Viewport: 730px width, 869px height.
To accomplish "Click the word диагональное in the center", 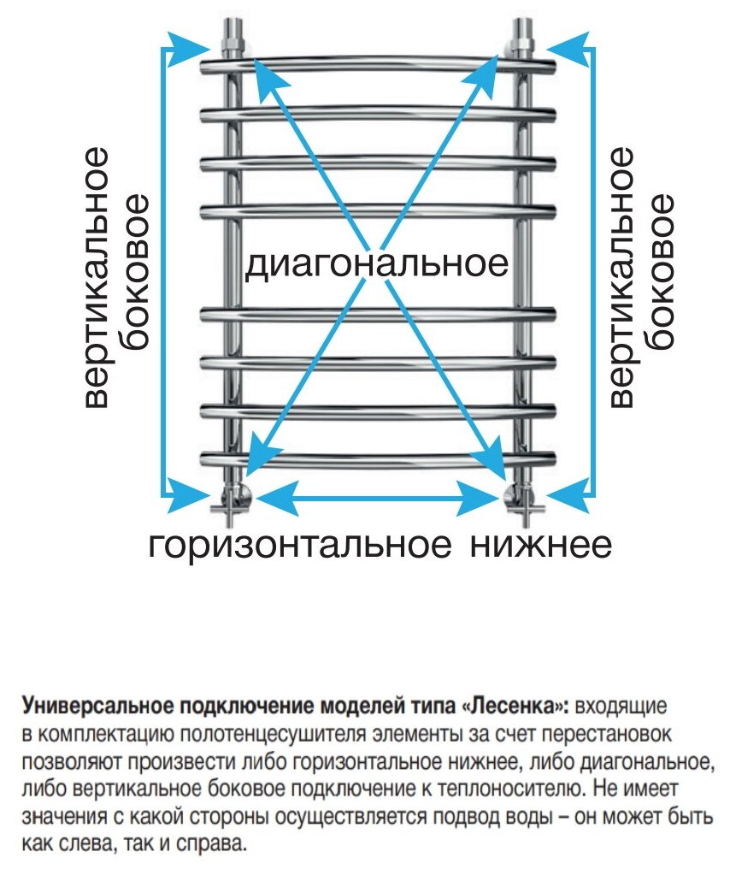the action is pos(376,264).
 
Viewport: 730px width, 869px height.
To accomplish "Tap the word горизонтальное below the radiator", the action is pos(300,545).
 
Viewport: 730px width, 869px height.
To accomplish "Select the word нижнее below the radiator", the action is pos(540,545).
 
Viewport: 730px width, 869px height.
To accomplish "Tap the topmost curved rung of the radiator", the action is pos(376,62).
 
